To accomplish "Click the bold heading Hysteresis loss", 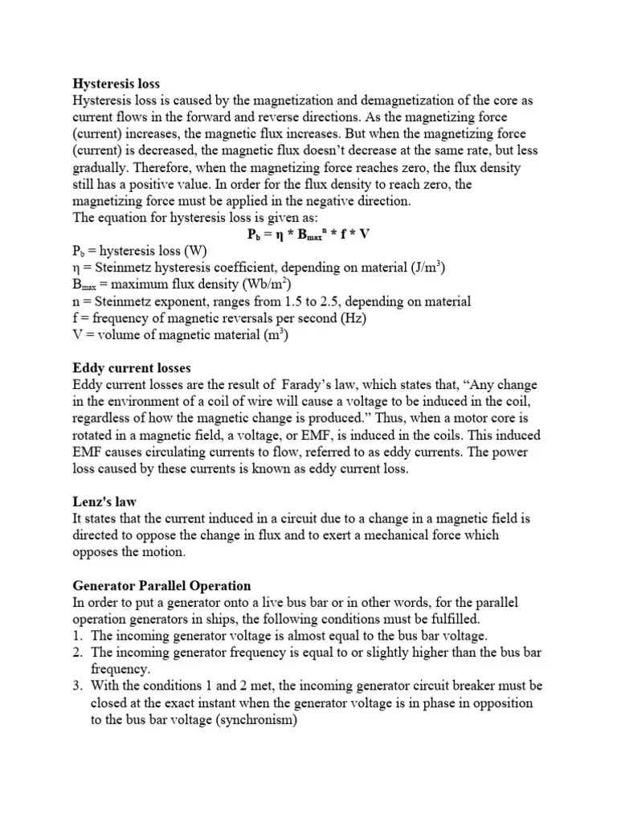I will pos(116,83).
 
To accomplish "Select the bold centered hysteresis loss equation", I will pos(308,234).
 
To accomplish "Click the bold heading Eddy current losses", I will pos(132,368).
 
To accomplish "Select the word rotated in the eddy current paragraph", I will pos(96,436).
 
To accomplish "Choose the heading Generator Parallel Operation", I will pos(162,586).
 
